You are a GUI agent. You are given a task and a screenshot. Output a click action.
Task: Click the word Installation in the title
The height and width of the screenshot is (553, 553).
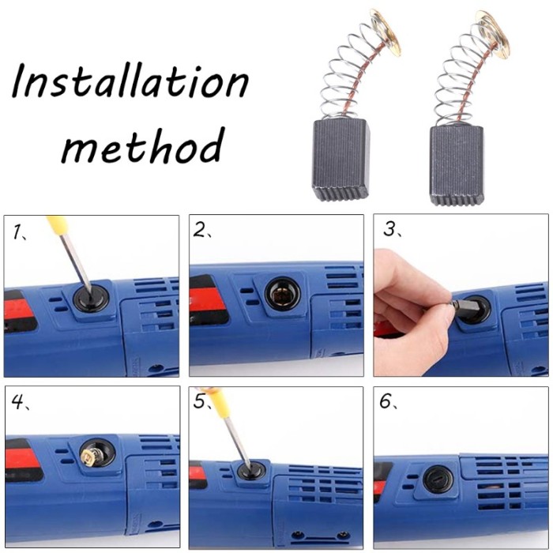130,81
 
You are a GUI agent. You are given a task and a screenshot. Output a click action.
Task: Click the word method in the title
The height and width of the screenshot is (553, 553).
143,145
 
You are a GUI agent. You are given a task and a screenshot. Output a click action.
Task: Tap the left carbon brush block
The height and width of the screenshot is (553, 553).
340,160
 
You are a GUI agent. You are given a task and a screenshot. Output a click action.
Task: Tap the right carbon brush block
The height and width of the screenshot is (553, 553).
457,165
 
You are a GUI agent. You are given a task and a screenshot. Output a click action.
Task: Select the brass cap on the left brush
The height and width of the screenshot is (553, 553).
386,32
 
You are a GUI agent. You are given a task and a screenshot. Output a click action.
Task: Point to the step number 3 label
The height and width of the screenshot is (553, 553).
392,229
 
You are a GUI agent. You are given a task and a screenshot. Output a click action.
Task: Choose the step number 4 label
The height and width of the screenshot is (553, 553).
20,401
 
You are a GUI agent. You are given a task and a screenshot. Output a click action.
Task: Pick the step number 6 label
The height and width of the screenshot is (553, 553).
388,401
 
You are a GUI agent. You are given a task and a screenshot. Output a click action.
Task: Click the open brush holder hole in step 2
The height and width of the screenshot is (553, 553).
283,294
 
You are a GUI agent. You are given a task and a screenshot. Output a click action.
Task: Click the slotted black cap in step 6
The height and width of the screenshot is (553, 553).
438,480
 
